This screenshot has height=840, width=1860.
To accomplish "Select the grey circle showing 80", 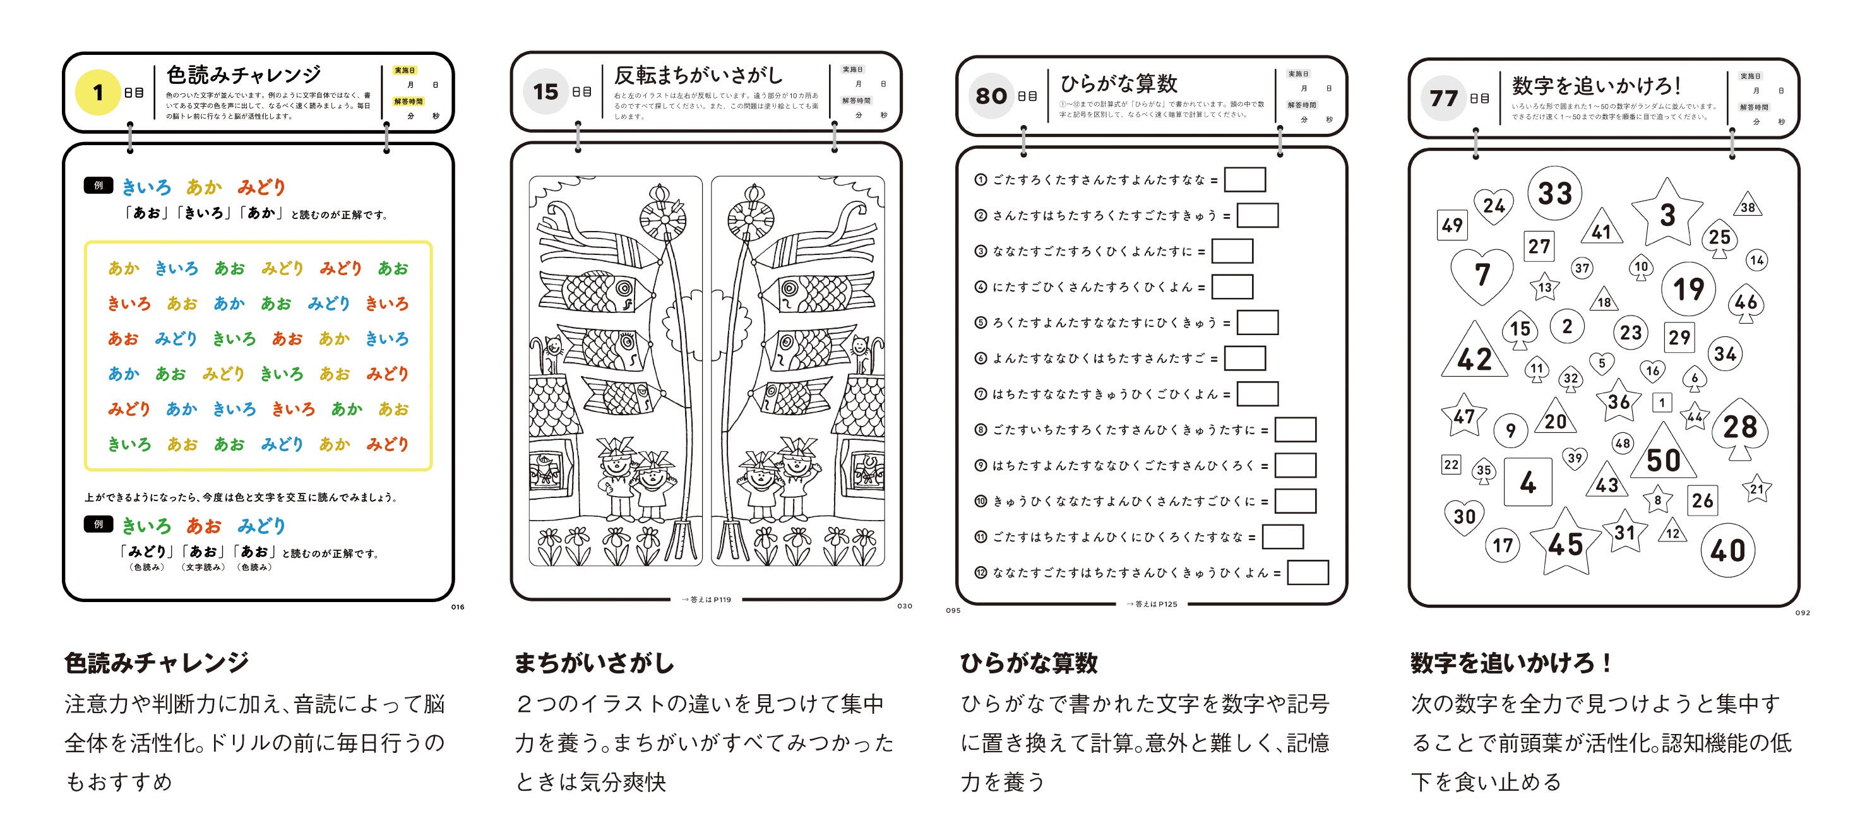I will coord(991,95).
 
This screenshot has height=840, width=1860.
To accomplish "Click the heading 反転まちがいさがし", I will coord(698,75).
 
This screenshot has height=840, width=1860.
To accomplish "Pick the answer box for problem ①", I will coord(1245,180).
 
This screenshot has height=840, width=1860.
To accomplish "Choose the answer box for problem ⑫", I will coord(1308,573).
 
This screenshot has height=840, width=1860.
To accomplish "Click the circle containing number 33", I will coord(1554,193).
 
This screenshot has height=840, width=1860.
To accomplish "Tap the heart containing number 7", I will coord(1482,275).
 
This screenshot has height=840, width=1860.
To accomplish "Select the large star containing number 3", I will coord(1667,215).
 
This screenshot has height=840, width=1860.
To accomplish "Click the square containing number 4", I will coord(1527,482).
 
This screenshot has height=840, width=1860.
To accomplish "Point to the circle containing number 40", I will coord(1727,550).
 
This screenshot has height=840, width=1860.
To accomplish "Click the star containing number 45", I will coord(1565,543).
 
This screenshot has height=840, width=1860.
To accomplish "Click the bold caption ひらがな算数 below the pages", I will coord(1028,663).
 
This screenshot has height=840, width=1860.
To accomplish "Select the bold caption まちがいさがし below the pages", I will coord(594,663).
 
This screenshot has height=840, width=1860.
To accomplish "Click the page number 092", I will coord(1803,613).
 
